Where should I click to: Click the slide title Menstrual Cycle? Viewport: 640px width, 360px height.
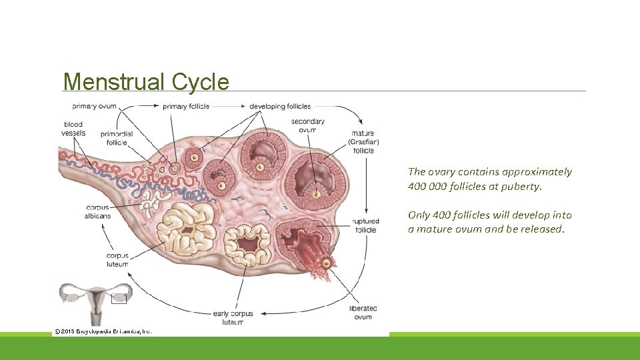click(146, 82)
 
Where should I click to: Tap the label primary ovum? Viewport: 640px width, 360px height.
click(94, 106)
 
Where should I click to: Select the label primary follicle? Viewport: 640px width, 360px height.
click(186, 106)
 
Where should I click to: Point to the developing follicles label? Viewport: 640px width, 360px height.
click(280, 106)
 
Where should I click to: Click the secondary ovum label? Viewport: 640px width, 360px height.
click(308, 125)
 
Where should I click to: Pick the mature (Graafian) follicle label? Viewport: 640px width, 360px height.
click(363, 142)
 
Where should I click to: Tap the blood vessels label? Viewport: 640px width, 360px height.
click(74, 129)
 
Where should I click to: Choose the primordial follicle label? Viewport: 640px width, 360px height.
click(117, 138)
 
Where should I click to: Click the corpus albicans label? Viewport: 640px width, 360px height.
click(98, 211)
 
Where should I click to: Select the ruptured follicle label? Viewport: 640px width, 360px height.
click(366, 225)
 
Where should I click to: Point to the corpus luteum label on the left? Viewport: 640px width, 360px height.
click(117, 260)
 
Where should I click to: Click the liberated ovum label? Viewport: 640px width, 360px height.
click(363, 313)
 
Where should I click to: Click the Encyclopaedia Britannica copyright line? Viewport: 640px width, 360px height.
click(103, 331)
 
